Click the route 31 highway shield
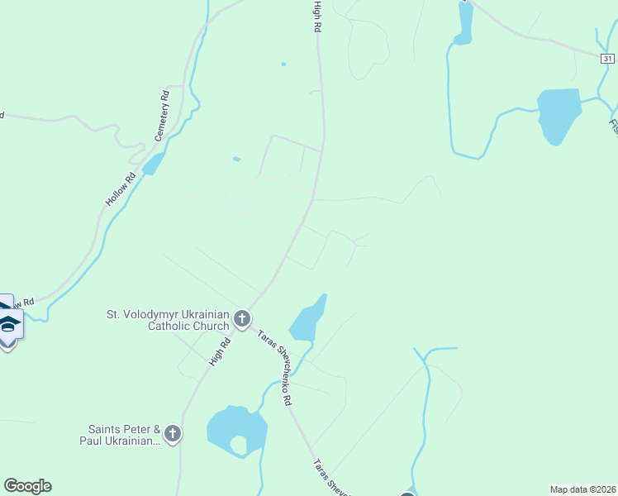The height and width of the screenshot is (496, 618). click(x=607, y=58)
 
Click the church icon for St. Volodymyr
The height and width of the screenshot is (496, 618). click(x=242, y=319)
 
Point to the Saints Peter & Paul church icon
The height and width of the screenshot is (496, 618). click(x=173, y=434)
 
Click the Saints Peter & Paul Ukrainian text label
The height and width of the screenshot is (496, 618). click(x=124, y=435)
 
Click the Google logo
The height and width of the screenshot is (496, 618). click(x=27, y=486)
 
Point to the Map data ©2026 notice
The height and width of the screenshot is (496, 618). click(x=582, y=489)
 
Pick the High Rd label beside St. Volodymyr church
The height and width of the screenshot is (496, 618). click(x=220, y=352)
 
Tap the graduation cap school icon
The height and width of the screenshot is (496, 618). click(x=8, y=324)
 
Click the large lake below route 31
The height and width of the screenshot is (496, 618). click(x=559, y=114)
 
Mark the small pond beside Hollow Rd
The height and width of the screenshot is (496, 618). click(x=153, y=164)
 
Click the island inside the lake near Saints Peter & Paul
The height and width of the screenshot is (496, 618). click(x=238, y=445)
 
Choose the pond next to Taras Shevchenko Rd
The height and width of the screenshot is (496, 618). click(x=307, y=320)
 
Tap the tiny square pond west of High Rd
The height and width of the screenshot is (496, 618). click(x=283, y=64)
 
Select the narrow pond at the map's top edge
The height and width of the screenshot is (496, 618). click(x=464, y=21)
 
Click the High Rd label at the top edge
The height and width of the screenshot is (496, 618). click(x=316, y=17)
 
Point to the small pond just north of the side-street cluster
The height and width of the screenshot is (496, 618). click(x=237, y=159)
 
